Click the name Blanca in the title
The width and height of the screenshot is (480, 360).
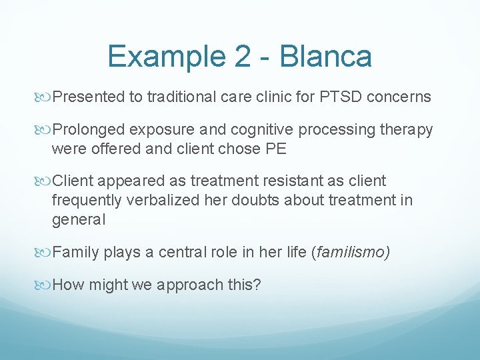point(326,56)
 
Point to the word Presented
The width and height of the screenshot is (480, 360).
point(88,97)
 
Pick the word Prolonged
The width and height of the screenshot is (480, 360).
point(87,130)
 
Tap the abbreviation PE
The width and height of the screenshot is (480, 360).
point(275,148)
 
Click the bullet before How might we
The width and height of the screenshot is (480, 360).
point(45,285)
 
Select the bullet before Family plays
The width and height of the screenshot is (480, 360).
point(45,252)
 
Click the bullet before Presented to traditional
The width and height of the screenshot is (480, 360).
point(45,97)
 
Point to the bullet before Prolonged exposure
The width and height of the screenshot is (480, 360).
point(45,130)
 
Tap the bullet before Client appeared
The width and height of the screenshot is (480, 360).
point(45,181)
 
